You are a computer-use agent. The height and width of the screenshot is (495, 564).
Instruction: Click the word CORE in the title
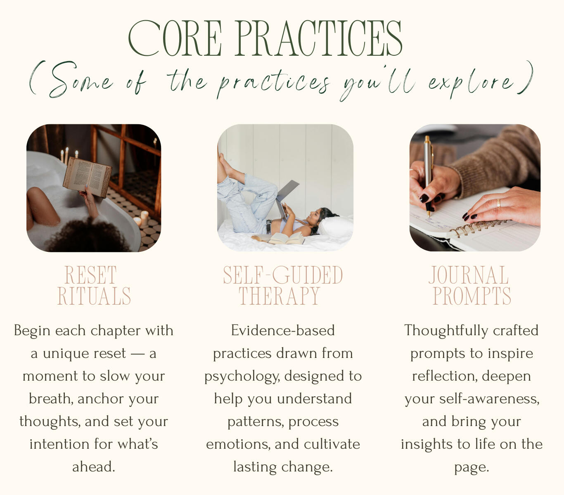(175, 38)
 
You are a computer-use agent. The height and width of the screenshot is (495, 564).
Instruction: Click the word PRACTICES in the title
(320, 38)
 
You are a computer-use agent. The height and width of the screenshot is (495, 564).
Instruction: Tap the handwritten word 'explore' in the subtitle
(470, 83)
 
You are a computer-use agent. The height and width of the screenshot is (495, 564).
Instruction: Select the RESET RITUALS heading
(94, 285)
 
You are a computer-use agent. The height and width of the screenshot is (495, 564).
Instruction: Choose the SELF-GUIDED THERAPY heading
(283, 285)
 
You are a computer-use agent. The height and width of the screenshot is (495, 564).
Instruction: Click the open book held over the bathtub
(88, 178)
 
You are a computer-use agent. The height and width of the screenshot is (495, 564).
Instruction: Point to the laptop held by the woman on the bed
(286, 199)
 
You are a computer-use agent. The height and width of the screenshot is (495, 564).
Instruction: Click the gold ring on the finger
(498, 203)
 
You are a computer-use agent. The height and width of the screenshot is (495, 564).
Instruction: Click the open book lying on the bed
(278, 238)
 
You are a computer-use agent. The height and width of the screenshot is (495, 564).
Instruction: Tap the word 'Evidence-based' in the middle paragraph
(283, 331)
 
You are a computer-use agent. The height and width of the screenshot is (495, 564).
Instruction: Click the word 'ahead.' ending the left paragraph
(94, 467)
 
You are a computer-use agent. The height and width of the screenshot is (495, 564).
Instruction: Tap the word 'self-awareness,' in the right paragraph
(489, 399)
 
